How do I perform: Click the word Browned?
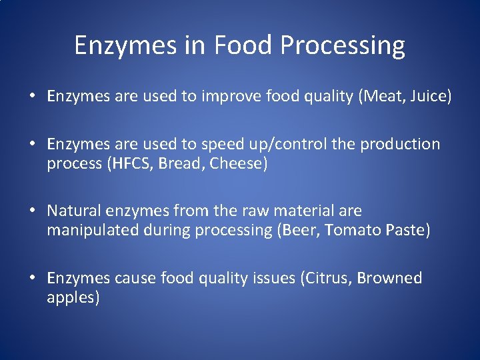tap(390, 278)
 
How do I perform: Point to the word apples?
tap(73, 298)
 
